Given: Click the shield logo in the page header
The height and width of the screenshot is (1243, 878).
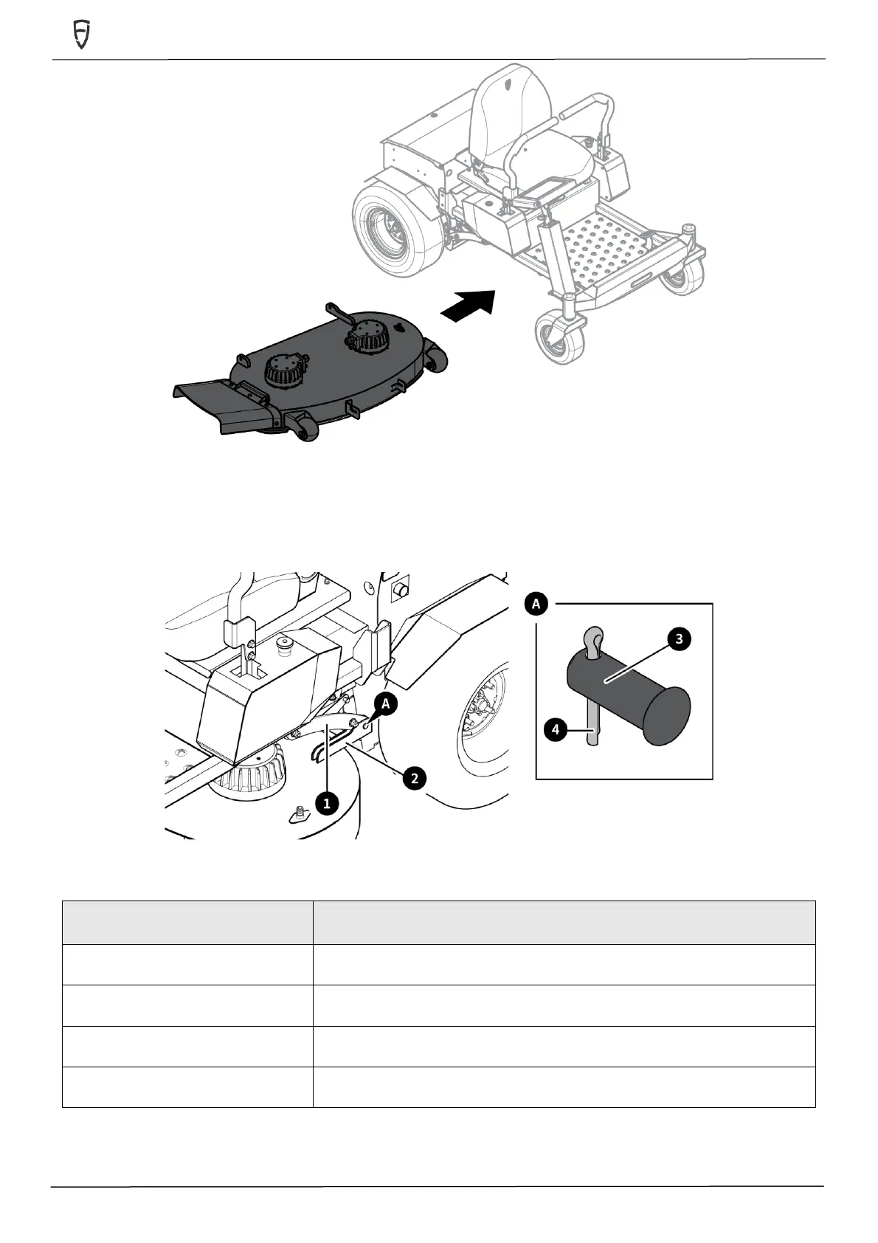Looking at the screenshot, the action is tap(81, 34).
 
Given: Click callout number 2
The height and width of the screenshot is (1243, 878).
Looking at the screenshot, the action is tap(414, 777).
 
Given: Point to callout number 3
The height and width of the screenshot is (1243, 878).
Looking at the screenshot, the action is tap(679, 638).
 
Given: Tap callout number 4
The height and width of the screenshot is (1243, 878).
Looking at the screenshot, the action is tap(556, 729).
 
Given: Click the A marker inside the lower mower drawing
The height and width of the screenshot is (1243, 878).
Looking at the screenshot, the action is tap(386, 703).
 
